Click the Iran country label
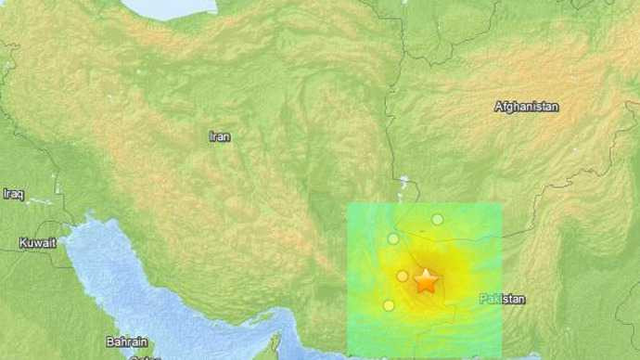point(219,136)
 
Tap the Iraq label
point(13,193)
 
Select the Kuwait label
point(38,242)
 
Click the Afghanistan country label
point(527,107)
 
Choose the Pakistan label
point(503,299)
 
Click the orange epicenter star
point(426,281)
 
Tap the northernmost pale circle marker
point(437,219)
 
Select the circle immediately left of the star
point(403,276)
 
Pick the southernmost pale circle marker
point(389,305)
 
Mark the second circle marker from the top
point(393,238)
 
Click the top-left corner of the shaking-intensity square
point(348,204)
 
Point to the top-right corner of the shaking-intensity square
point(502,204)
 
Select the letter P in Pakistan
point(483,299)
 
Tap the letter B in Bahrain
point(109,341)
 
